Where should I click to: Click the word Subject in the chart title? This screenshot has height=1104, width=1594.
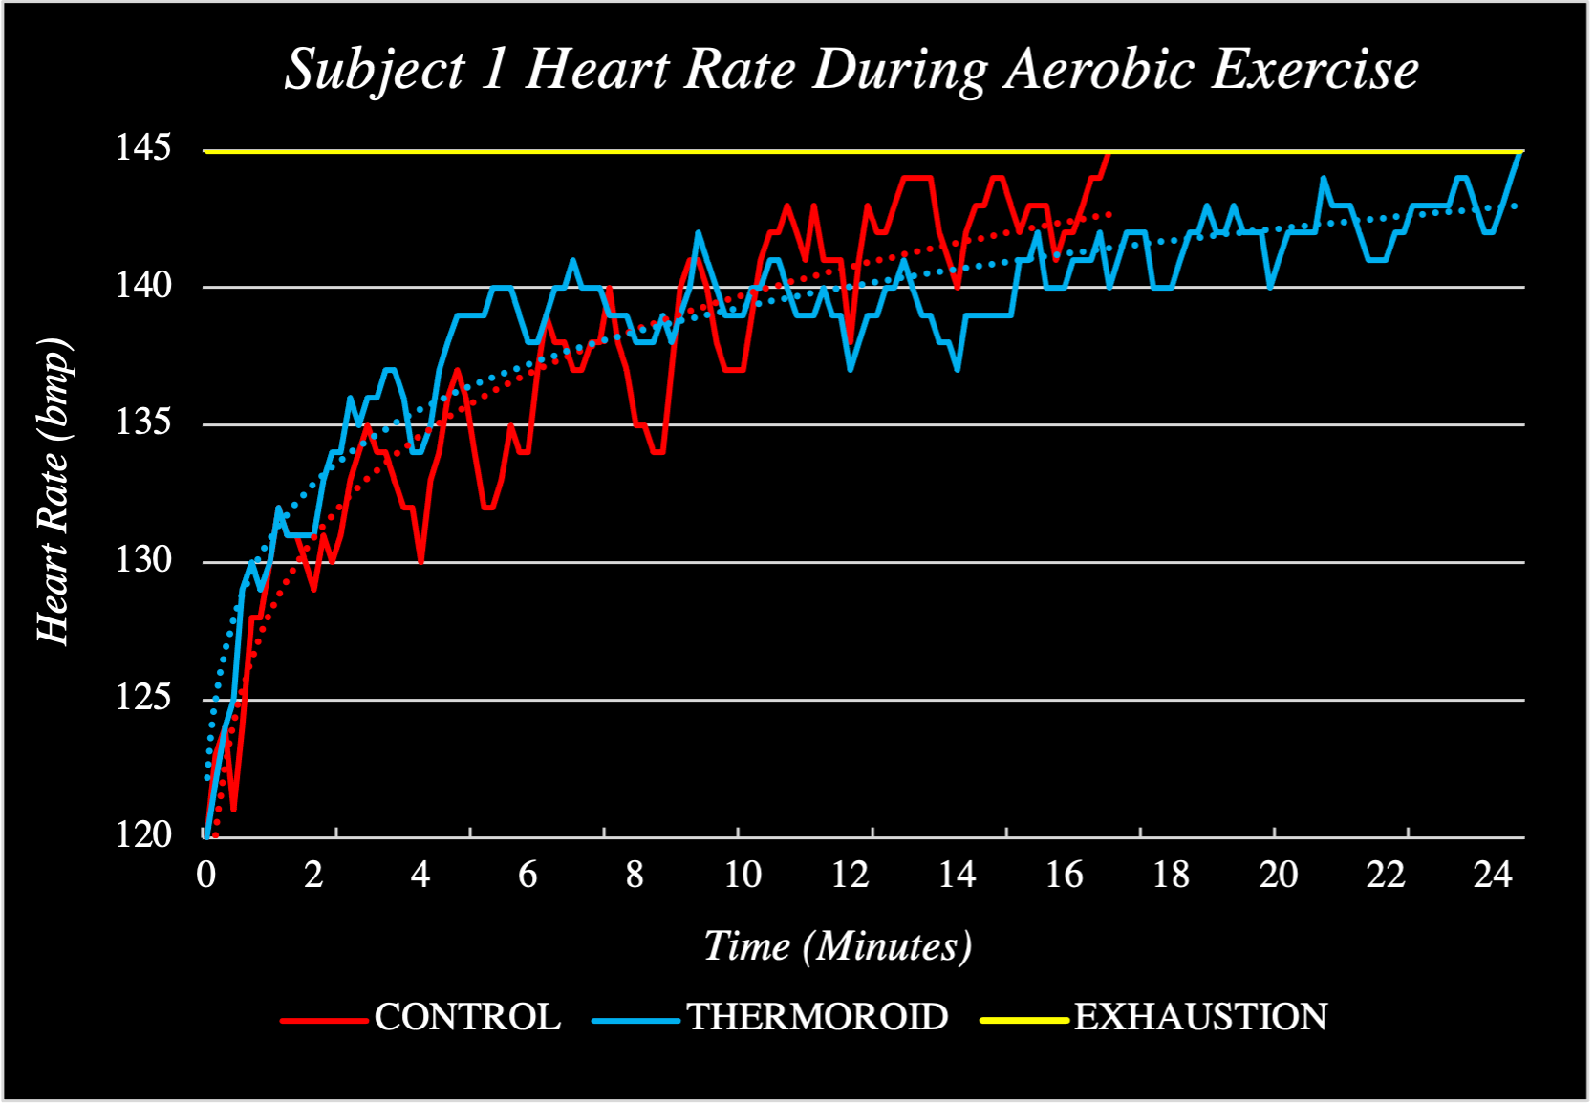click(375, 71)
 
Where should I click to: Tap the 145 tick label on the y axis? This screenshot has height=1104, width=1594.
click(143, 148)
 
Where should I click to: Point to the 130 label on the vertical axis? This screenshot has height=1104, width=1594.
click(143, 560)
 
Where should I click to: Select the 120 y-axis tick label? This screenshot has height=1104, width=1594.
click(143, 835)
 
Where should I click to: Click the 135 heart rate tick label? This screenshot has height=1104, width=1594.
click(143, 422)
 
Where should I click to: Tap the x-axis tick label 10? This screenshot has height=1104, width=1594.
click(741, 875)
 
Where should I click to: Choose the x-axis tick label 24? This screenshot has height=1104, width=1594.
click(1492, 875)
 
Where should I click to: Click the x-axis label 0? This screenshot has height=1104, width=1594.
click(205, 875)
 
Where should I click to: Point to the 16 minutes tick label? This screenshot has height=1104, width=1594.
click(1063, 875)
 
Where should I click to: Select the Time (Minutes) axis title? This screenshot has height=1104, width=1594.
click(837, 946)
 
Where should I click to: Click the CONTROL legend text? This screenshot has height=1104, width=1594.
click(467, 1017)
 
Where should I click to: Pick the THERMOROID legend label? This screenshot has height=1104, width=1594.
click(817, 1017)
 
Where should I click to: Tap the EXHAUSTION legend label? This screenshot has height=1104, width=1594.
click(1201, 1017)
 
